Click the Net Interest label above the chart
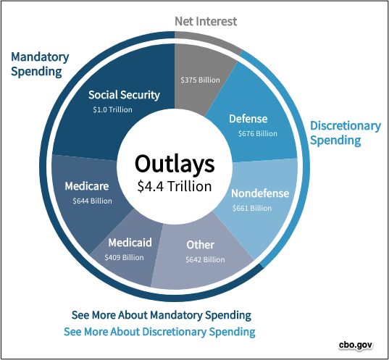tap(206, 21)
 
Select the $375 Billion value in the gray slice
tap(200, 80)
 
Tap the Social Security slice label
tap(125, 95)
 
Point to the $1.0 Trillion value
tap(112, 109)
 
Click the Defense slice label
tap(248, 119)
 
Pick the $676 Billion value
tap(258, 133)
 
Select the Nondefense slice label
tap(260, 193)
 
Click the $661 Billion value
tap(252, 208)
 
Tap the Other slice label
tap(200, 245)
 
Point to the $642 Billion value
tap(205, 259)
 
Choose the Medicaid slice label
tap(130, 243)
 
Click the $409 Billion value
tap(124, 257)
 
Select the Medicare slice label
tap(87, 186)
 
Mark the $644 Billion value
tap(92, 201)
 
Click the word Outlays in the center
tap(175, 164)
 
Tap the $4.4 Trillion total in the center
tap(175, 186)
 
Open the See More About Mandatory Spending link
tap(162, 315)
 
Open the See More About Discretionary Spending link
tap(159, 332)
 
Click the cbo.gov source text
tap(356, 345)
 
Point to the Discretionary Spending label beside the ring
tap(346, 133)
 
